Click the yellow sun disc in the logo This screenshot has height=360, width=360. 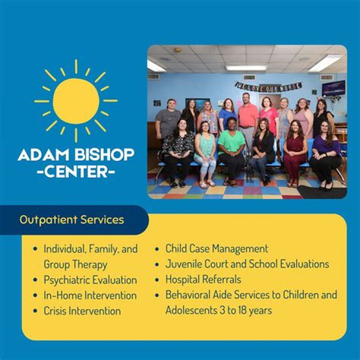click(76, 101)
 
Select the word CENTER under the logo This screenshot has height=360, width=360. click(76, 173)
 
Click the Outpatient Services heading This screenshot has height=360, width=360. click(72, 219)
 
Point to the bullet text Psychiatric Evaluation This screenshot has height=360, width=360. click(90, 279)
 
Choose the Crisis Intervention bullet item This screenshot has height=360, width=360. click(82, 310)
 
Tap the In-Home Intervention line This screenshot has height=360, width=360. click(90, 295)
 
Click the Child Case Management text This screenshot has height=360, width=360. click(217, 248)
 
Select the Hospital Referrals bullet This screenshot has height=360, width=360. click(203, 279)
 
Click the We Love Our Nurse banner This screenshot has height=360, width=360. click(268, 86)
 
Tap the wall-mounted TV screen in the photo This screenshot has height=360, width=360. click(333, 88)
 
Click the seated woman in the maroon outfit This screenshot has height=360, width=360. click(295, 150)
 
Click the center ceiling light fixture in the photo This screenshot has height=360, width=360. click(246, 67)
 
